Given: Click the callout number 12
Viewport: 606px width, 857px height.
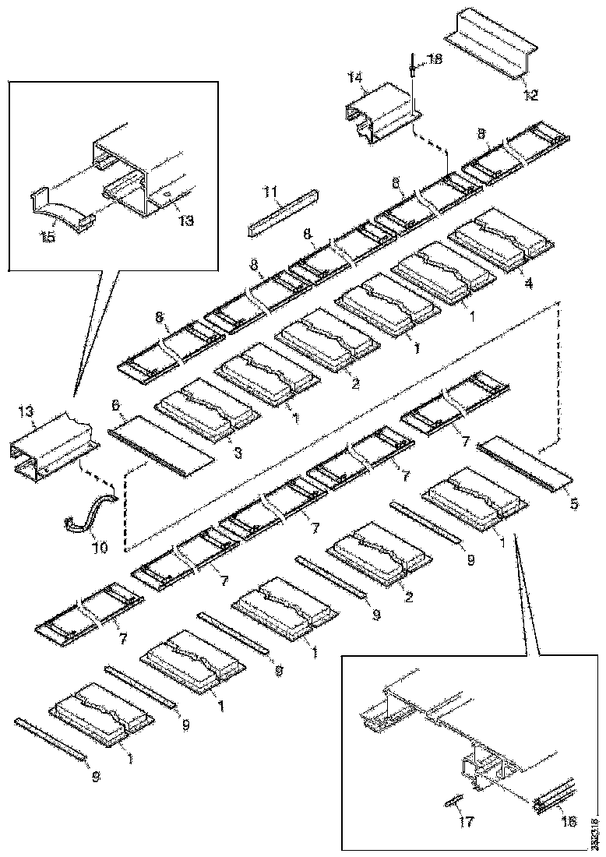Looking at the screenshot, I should [x=530, y=96].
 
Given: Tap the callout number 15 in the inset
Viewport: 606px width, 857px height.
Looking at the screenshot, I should [x=48, y=237].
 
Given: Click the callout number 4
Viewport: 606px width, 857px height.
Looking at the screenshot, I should [x=528, y=284].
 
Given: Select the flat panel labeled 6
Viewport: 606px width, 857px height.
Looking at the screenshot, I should [x=160, y=444].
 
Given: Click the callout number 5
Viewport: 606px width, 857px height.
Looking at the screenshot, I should [x=573, y=503].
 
